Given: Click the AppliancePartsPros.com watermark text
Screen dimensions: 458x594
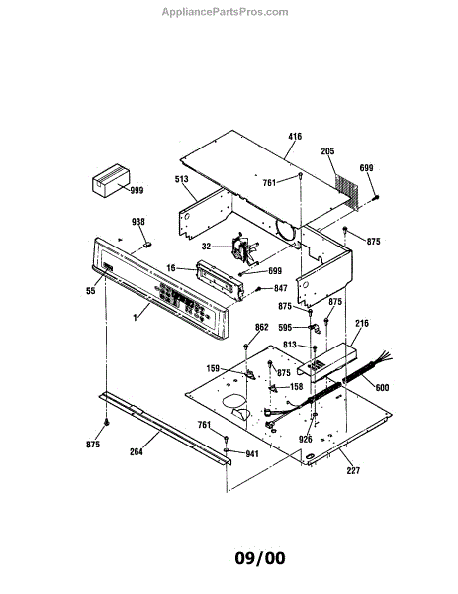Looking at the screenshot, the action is tap(225, 12).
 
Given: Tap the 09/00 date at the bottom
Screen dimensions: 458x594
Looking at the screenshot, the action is tap(260, 558).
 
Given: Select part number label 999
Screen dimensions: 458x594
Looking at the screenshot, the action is tap(137, 190).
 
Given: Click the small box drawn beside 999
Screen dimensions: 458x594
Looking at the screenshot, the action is tap(111, 181).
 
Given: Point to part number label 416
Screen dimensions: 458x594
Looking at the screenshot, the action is tap(295, 137).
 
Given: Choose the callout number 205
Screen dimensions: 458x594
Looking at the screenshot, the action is tap(327, 151).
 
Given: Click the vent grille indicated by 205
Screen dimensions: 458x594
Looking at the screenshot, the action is tap(347, 191).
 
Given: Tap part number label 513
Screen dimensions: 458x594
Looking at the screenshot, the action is tap(182, 179).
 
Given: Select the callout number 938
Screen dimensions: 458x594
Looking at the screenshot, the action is tap(138, 221).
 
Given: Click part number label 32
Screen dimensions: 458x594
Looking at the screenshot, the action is tap(206, 247).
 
